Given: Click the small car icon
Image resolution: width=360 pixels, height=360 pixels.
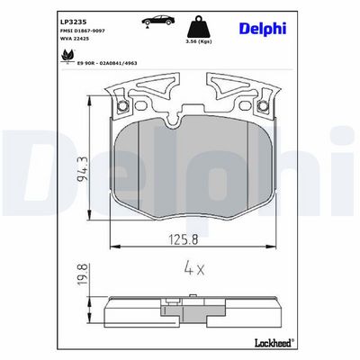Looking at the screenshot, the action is tap(158, 21).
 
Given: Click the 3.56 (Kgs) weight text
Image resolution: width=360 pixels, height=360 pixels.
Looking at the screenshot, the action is tap(199, 41).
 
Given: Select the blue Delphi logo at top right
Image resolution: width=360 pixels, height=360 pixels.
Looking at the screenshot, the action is tap(263, 29).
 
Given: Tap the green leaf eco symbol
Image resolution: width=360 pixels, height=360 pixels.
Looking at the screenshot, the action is tap(67, 56).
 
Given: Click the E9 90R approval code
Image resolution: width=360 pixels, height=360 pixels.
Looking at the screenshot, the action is tap(107, 63).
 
